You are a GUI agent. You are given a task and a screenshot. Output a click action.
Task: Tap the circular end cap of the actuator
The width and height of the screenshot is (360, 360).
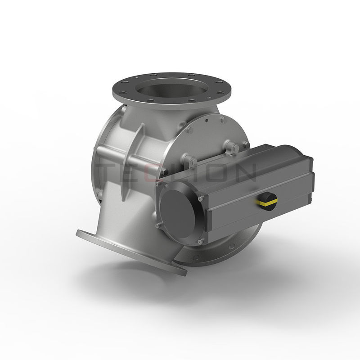pos(177,208)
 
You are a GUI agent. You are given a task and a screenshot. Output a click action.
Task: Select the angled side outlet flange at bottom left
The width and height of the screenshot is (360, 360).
pos(130,252)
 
